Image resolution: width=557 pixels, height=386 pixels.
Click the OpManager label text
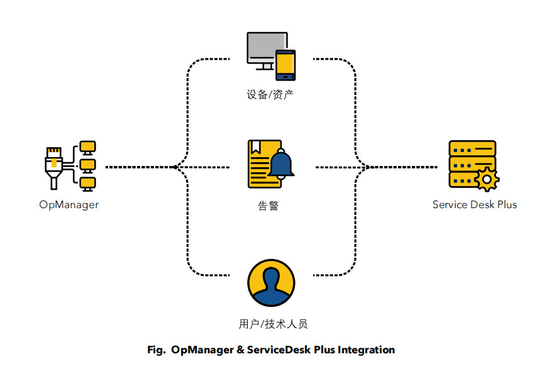69,205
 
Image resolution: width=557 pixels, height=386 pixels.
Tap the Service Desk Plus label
475,205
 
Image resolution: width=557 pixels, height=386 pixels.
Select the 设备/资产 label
270,95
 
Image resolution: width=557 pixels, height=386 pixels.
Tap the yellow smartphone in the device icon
285,65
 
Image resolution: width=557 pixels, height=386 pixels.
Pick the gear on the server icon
486,179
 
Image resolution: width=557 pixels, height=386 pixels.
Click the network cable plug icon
55,165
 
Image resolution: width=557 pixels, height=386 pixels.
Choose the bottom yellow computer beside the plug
88,183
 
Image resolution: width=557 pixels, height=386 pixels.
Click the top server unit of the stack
472,148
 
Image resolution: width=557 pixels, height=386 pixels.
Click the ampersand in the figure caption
241,350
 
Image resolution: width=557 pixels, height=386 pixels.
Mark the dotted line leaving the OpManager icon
138,167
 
